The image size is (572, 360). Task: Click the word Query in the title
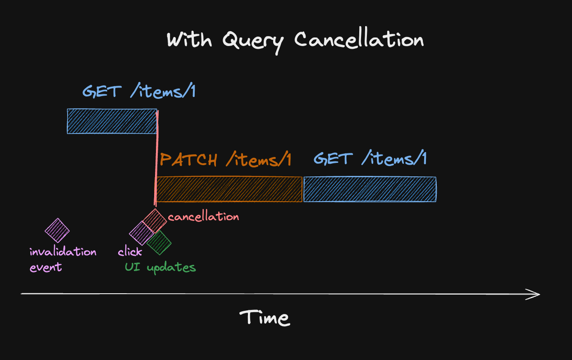pyautogui.click(x=253, y=41)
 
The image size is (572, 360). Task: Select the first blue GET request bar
pyautogui.click(x=111, y=121)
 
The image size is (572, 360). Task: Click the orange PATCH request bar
pyautogui.click(x=229, y=189)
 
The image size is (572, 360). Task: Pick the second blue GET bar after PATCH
pyautogui.click(x=370, y=189)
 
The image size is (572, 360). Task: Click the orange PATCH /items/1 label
pyautogui.click(x=226, y=160)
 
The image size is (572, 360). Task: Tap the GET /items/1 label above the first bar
pyautogui.click(x=139, y=92)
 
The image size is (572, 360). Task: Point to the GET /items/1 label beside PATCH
pyautogui.click(x=370, y=159)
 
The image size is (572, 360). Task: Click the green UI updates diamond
pyautogui.click(x=159, y=243)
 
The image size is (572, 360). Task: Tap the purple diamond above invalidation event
pyautogui.click(x=57, y=230)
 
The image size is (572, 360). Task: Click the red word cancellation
pyautogui.click(x=203, y=217)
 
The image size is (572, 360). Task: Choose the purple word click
pyautogui.click(x=130, y=252)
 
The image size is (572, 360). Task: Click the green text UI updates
pyautogui.click(x=160, y=267)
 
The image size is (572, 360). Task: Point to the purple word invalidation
pyautogui.click(x=63, y=252)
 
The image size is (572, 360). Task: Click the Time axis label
pyautogui.click(x=265, y=318)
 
